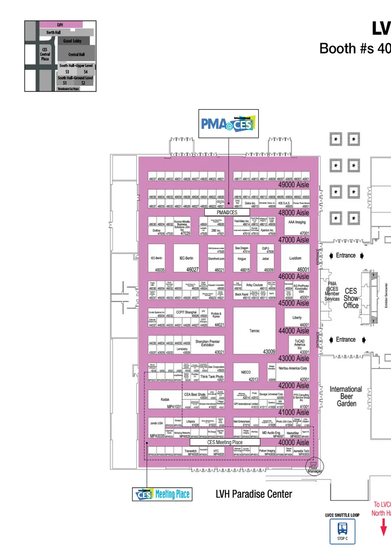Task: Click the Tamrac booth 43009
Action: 254,331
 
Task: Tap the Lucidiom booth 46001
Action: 295,258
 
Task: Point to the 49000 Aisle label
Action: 294,185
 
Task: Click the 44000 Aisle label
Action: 294,331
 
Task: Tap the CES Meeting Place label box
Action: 225,442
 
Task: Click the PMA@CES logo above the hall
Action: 228,124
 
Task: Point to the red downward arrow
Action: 383,527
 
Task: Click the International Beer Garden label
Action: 346,396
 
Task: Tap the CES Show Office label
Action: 351,298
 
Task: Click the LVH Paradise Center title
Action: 254,494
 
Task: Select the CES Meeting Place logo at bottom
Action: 162,494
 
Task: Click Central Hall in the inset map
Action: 77,54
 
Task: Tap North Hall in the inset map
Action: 53,33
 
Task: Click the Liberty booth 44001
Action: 297,317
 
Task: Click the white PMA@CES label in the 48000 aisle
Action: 227,212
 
